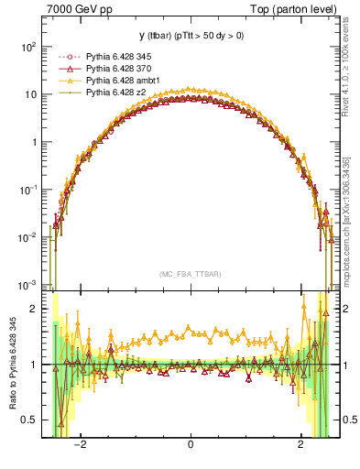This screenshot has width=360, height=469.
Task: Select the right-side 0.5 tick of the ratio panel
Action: [347, 420]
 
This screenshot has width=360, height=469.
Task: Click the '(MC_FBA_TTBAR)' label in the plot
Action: [190, 274]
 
